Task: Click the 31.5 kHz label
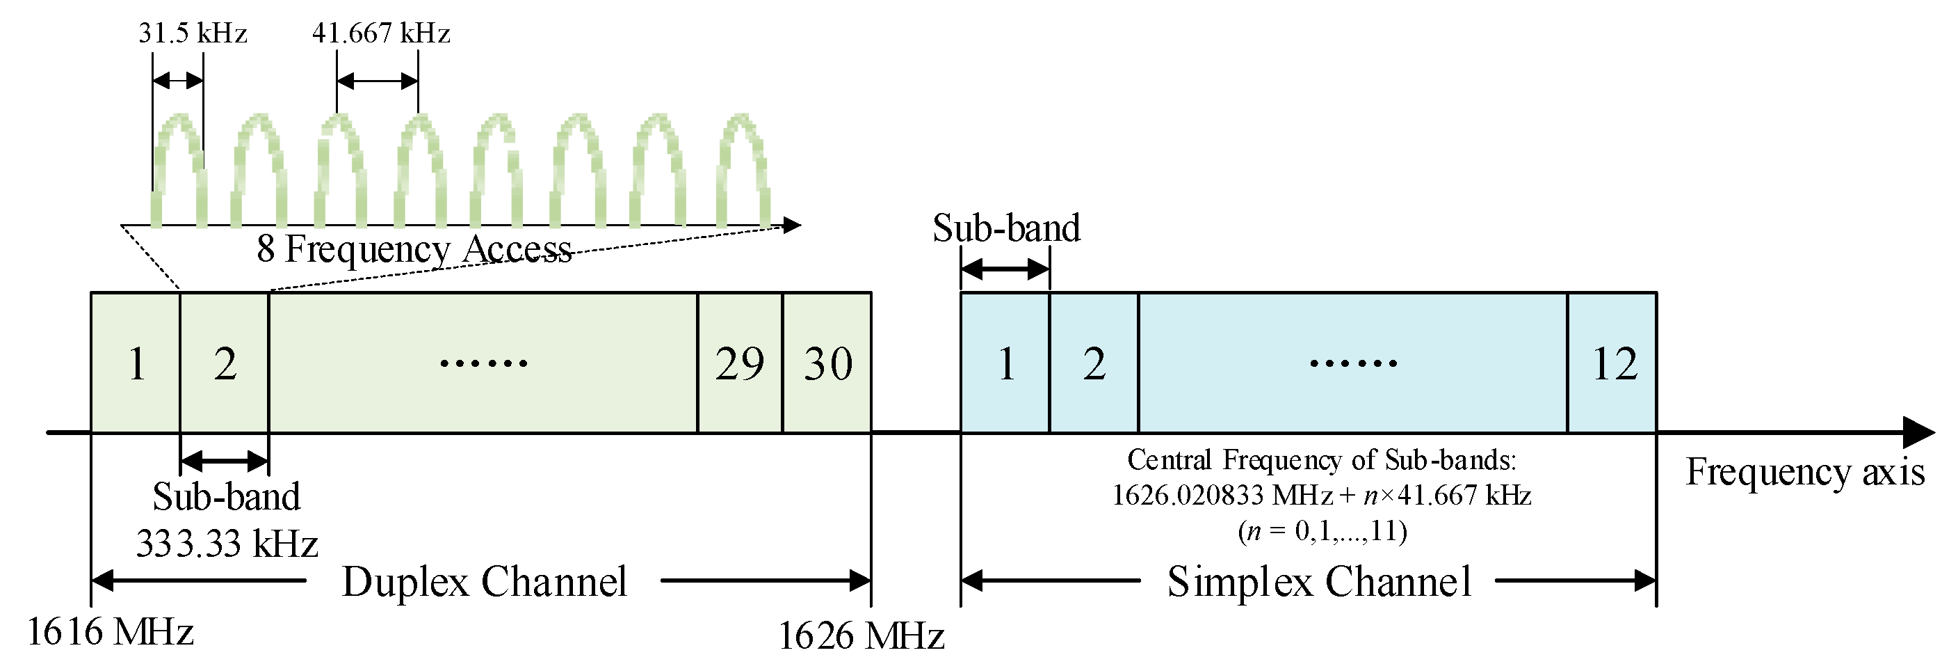tap(193, 33)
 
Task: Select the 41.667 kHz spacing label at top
tap(381, 33)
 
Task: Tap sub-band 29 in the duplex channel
tap(740, 363)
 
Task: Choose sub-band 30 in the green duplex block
tap(827, 363)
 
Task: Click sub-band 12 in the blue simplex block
tap(1614, 363)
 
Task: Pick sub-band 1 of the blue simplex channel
tap(1005, 363)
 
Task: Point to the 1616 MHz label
tap(111, 631)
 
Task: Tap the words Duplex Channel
tap(484, 582)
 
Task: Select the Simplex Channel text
tap(1319, 582)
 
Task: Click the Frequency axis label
tap(1805, 472)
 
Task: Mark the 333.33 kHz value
tap(227, 544)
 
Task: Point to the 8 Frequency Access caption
tap(414, 248)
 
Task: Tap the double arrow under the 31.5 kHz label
tap(178, 81)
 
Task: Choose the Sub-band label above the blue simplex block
tap(1005, 228)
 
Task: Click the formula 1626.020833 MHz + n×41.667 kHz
tap(1321, 496)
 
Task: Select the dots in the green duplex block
tap(483, 363)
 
